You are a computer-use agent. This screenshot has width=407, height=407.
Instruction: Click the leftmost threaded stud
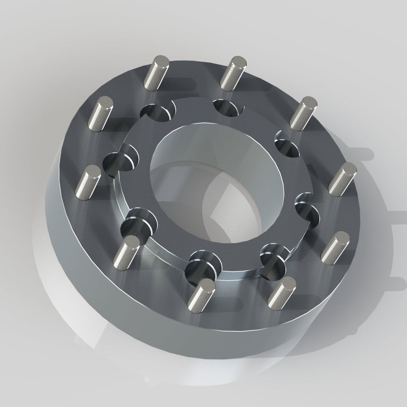(88, 183)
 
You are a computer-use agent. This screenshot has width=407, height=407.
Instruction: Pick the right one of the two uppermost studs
(233, 73)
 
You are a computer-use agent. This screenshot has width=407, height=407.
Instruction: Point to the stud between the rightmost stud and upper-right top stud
(303, 113)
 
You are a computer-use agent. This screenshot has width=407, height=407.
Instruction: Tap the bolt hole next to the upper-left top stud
(158, 112)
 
